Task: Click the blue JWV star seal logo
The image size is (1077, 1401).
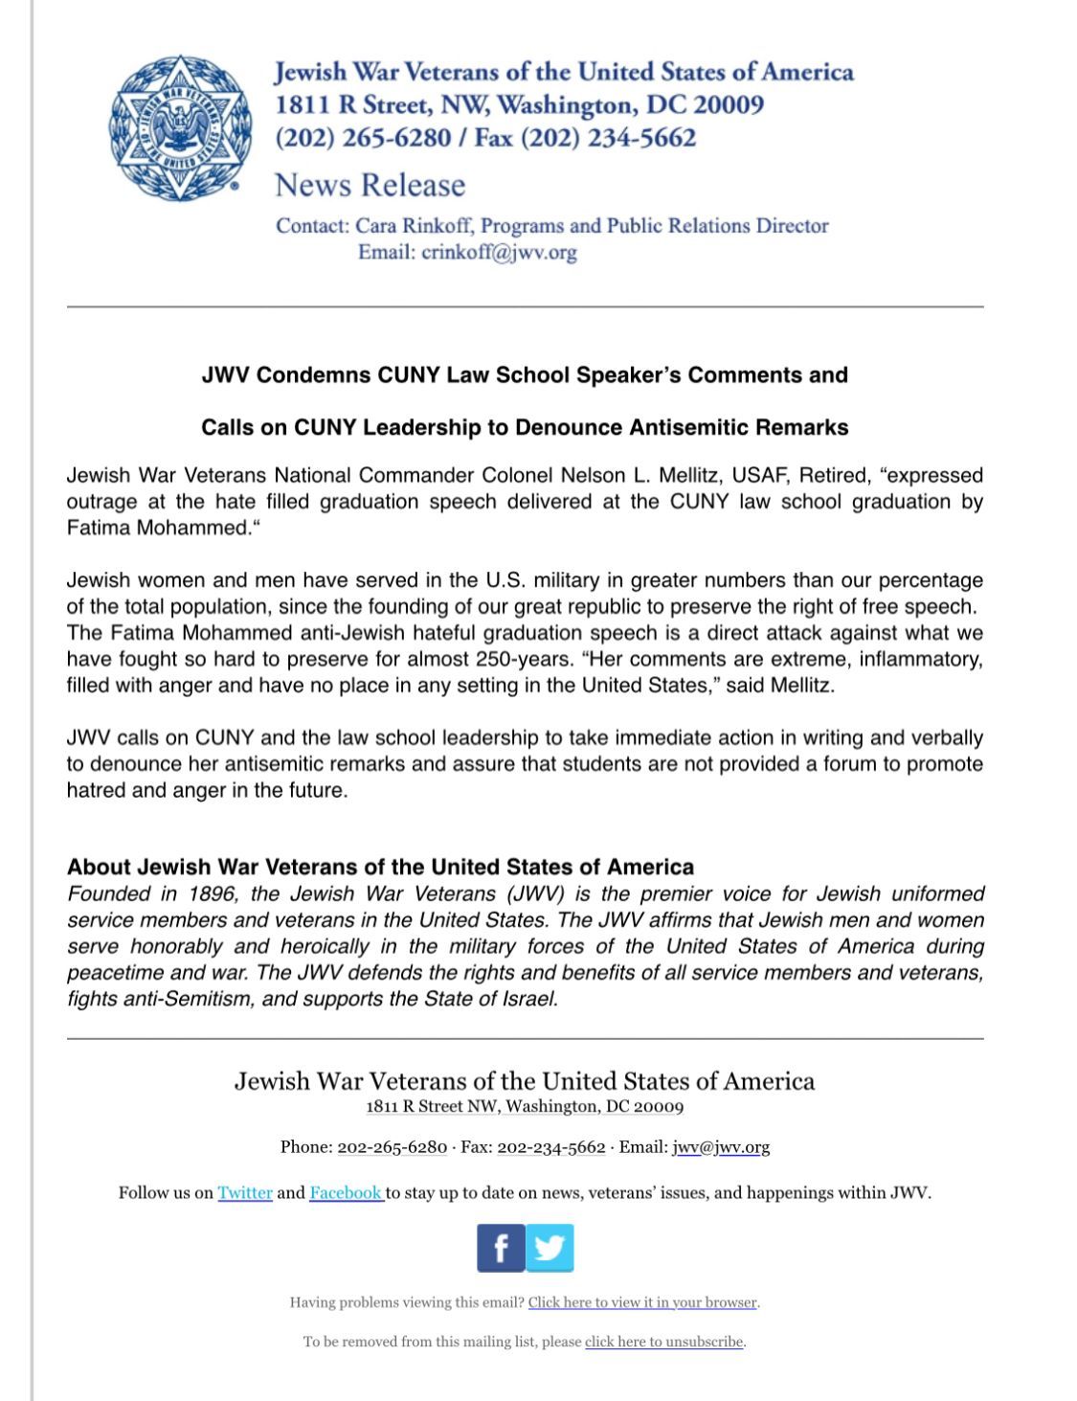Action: [x=180, y=128]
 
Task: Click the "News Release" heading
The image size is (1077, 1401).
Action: [x=370, y=185]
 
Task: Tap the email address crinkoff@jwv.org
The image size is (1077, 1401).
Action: [x=499, y=253]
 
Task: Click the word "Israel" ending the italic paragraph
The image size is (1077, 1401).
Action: [x=529, y=999]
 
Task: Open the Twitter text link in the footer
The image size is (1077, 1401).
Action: [x=245, y=1192]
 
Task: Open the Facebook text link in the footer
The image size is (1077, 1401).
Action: [x=345, y=1192]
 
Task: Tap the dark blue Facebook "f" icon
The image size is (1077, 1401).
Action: [x=501, y=1248]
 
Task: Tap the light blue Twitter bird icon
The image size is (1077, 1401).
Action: [x=550, y=1248]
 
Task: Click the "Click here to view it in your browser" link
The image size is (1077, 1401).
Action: [x=642, y=1302]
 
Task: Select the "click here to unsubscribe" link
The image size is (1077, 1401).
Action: [x=664, y=1342]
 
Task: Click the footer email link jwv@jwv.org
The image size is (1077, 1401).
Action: [x=721, y=1147]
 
